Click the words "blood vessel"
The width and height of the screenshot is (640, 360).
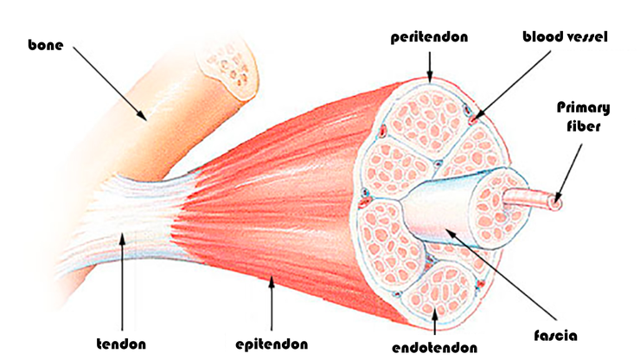click(566, 37)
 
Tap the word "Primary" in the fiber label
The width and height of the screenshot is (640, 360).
click(582, 108)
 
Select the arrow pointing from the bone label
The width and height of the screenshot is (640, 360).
click(109, 82)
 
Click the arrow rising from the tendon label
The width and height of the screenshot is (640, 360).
click(122, 277)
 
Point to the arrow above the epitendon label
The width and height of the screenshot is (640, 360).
click(272, 298)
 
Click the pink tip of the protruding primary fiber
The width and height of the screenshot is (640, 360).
click(554, 204)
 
